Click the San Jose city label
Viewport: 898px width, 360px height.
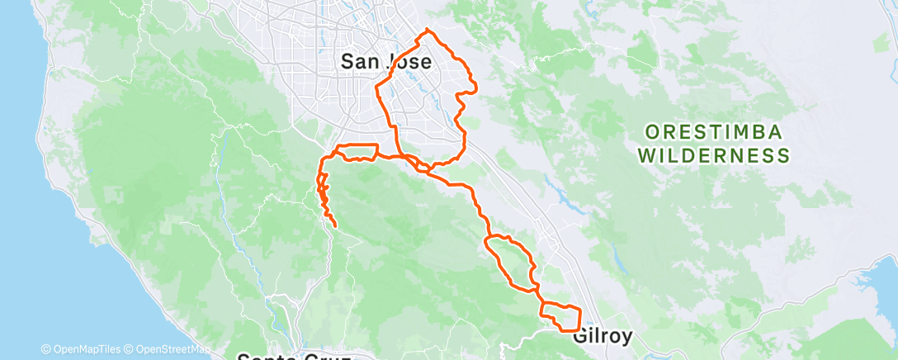pyautogui.click(x=385, y=61)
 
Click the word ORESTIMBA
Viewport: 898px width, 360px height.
pyautogui.click(x=713, y=132)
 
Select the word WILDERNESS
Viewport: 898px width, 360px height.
pyautogui.click(x=714, y=154)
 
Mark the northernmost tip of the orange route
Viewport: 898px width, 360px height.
pyautogui.click(x=427, y=30)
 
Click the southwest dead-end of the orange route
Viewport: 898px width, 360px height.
pyautogui.click(x=335, y=225)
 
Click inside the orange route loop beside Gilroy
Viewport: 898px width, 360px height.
pyautogui.click(x=561, y=318)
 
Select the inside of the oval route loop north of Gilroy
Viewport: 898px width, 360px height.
pyautogui.click(x=510, y=258)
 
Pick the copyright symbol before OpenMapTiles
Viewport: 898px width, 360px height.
pyautogui.click(x=46, y=349)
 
